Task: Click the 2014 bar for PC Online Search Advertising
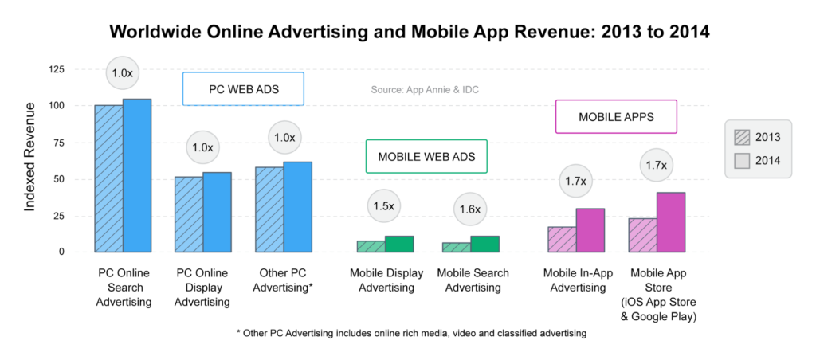(137, 175)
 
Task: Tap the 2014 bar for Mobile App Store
(671, 222)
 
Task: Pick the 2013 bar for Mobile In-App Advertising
(562, 240)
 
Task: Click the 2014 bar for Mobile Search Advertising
(485, 244)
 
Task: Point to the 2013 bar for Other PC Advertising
(269, 209)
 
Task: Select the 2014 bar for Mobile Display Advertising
(399, 244)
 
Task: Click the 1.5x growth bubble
(384, 206)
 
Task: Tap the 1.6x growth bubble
(470, 209)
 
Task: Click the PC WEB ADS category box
(244, 89)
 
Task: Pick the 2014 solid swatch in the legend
(743, 162)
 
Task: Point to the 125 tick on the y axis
(55, 70)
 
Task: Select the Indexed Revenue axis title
(29, 157)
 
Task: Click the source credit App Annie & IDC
(425, 89)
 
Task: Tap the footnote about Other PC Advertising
(411, 333)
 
